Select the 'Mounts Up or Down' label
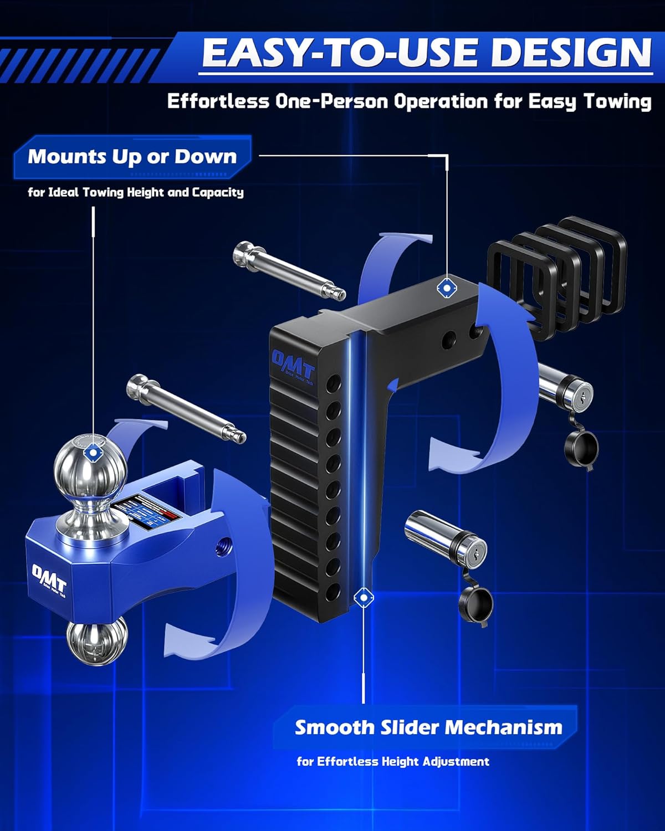tap(132, 157)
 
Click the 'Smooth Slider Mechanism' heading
tap(428, 727)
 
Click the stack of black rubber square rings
tap(557, 274)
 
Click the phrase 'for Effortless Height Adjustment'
tap(393, 762)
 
